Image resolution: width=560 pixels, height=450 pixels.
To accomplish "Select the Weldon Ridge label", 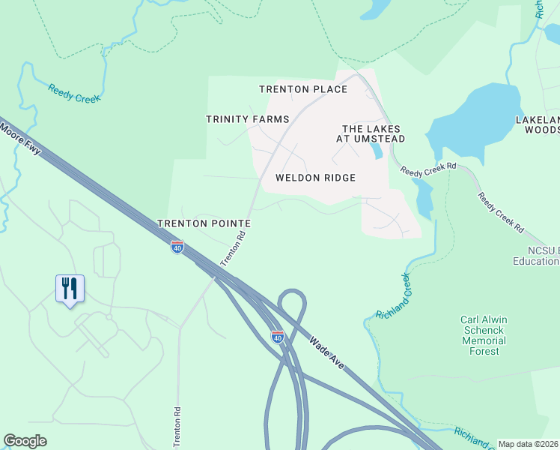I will (315, 178).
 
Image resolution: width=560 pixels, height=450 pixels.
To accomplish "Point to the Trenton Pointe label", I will (204, 223).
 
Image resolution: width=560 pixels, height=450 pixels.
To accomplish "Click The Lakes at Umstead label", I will (374, 133).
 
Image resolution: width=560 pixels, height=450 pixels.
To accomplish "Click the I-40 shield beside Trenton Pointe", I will (177, 247).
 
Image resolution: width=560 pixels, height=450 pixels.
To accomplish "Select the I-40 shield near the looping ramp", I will (277, 337).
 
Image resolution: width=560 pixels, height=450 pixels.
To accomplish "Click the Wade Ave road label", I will (326, 352).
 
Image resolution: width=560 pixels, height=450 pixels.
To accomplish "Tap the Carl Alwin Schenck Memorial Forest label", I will (484, 335).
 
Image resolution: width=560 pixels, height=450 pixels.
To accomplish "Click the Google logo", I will (25, 441).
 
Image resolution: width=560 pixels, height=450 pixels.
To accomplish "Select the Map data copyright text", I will (528, 444).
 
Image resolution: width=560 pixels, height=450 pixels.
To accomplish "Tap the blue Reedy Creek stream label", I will (74, 93).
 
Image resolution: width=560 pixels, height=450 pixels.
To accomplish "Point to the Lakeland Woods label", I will (538, 124).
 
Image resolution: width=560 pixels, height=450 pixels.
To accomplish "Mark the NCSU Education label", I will (535, 256).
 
